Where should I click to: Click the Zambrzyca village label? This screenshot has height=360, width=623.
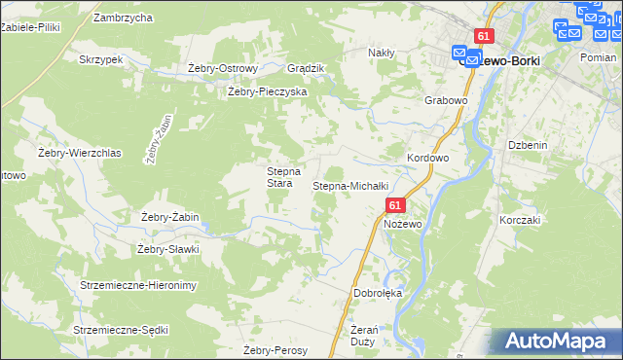(123, 18)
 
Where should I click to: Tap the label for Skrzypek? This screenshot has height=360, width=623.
(102, 59)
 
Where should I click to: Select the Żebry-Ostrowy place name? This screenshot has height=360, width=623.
(222, 68)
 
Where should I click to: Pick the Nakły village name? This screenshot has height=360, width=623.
(381, 53)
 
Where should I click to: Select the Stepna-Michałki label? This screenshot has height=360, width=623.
(350, 185)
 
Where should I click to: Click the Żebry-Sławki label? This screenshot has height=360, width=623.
(168, 249)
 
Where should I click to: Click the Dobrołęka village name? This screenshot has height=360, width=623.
(378, 292)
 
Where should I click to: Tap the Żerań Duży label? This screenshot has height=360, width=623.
(361, 336)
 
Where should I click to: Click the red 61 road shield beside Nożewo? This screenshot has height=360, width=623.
(394, 206)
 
